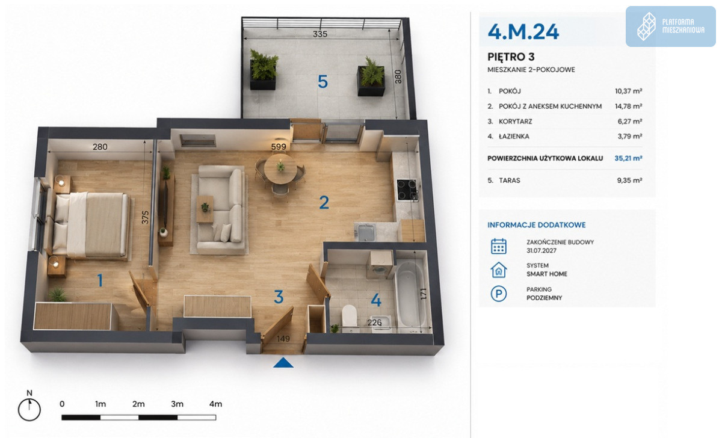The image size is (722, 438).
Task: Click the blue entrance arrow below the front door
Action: (x=283, y=363)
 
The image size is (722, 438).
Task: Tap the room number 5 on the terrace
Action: (x=322, y=82)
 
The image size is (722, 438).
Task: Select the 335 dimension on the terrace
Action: (x=320, y=34)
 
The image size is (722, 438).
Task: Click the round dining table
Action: (x=280, y=169)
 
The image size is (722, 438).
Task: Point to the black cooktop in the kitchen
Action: (x=407, y=190)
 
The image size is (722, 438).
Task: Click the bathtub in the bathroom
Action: (x=410, y=294)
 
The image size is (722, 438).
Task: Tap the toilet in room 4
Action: (x=349, y=316)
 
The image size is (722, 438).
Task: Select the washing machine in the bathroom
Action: (x=380, y=265)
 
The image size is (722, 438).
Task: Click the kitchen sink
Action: (x=365, y=232)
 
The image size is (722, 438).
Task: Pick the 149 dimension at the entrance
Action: (x=283, y=339)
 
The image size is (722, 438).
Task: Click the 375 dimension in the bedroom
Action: (x=146, y=218)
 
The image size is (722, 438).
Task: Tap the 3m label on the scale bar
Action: (x=177, y=404)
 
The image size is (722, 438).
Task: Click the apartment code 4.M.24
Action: (x=523, y=31)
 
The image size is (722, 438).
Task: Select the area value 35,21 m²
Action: (x=628, y=158)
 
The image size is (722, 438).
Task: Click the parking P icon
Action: (x=498, y=294)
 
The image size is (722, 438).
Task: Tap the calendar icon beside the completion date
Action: (x=498, y=246)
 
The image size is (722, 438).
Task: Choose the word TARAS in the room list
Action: (x=509, y=180)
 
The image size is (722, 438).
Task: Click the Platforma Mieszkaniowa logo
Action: (x=670, y=26)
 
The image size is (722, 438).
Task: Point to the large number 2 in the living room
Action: (x=324, y=202)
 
